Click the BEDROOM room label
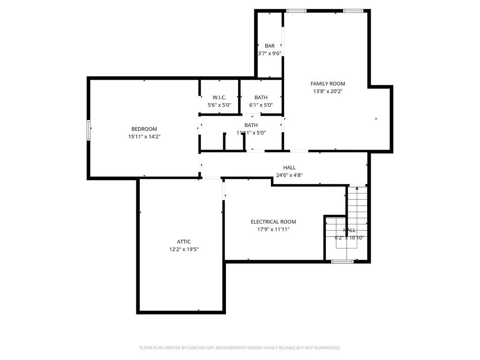(144, 129)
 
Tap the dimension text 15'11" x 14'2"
(144, 136)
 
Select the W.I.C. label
(219, 97)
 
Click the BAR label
(270, 46)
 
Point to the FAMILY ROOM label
(328, 84)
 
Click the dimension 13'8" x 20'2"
(328, 91)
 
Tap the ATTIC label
(184, 242)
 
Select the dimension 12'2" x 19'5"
(184, 249)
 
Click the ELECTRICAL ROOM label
(273, 222)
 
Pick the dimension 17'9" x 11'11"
(273, 229)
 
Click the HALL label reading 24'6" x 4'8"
(289, 168)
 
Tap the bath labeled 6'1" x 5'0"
(261, 97)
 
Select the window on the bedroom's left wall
(89, 130)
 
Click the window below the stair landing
(342, 261)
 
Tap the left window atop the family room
(296, 11)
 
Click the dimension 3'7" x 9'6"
(270, 53)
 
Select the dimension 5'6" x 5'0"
(219, 105)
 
